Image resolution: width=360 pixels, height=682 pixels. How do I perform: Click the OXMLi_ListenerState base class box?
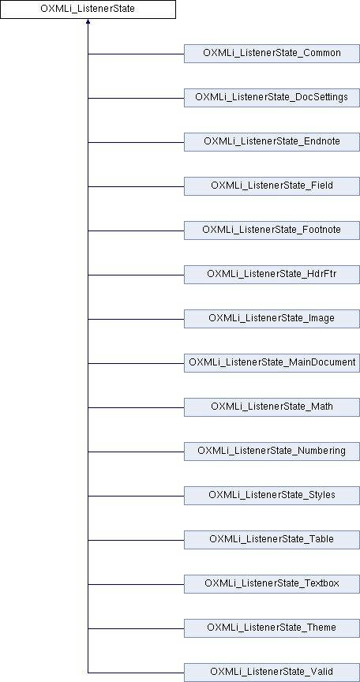88,9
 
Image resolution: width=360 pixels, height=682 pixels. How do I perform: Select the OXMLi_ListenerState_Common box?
272,54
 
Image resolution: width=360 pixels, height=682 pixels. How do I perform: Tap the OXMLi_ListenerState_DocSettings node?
272,98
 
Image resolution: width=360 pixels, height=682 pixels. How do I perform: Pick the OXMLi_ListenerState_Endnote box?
272,142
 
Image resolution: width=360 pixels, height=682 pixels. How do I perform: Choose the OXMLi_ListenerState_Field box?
272,186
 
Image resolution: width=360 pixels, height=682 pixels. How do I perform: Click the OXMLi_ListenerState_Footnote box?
272,230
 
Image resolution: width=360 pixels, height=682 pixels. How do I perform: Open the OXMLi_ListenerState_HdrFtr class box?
272,275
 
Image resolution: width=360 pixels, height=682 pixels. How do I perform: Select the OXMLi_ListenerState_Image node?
272,319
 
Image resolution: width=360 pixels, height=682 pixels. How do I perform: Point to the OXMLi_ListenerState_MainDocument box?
272,363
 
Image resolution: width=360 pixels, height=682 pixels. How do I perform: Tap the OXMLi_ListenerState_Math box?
272,407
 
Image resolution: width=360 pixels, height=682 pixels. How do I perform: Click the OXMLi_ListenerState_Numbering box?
272,452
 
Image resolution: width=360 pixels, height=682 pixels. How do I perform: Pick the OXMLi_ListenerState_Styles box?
272,496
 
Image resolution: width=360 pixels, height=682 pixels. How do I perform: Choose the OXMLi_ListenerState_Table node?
272,540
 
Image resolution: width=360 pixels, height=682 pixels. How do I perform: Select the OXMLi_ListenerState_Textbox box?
272,584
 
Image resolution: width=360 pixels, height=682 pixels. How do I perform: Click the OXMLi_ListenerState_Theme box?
272,628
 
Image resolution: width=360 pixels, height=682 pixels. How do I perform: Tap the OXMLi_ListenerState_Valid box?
272,673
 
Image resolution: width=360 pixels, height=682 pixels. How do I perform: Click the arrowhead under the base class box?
88,21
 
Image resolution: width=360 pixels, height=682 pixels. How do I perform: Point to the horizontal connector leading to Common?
136,54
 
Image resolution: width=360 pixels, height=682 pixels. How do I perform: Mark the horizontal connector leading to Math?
136,407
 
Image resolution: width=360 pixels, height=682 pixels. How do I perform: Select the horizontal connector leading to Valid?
136,673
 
